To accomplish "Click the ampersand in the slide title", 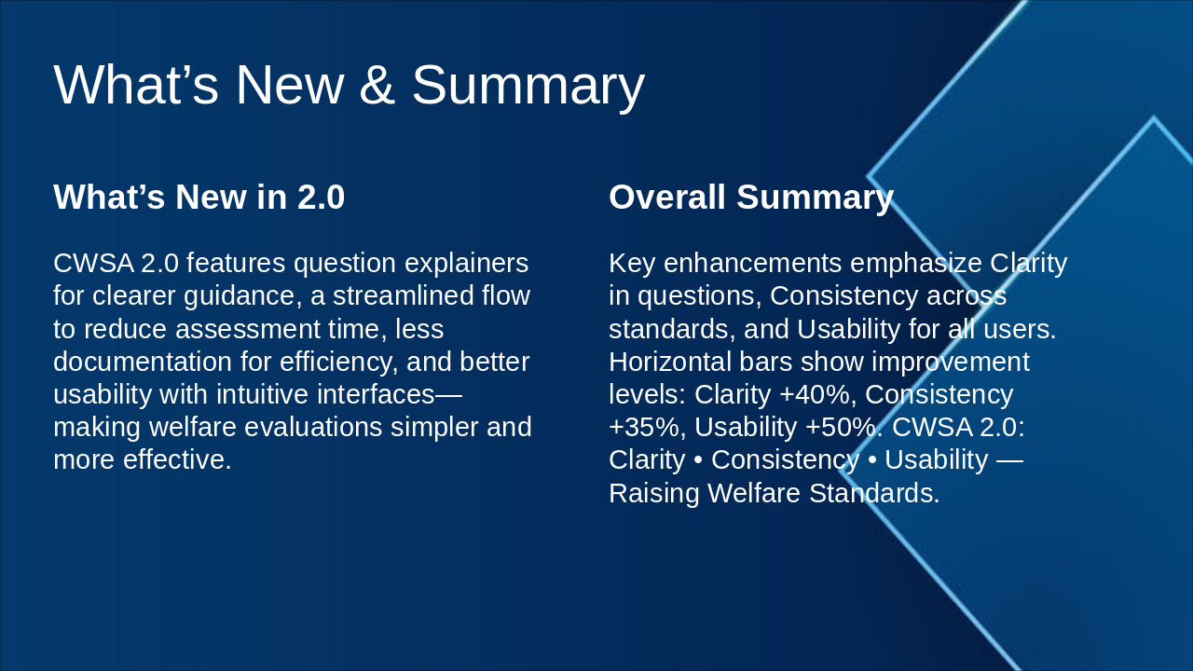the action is tap(377, 85).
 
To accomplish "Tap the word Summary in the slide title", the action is tap(528, 88).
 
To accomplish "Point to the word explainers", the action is tap(467, 264).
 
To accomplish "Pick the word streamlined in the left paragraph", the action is tap(404, 295).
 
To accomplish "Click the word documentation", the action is tap(143, 362).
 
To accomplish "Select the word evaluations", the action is tap(313, 427).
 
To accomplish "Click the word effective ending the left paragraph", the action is tap(177, 460).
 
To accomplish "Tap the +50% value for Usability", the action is tap(844, 427).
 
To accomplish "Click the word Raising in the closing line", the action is tap(654, 494).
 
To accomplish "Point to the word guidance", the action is tap(243, 296).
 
